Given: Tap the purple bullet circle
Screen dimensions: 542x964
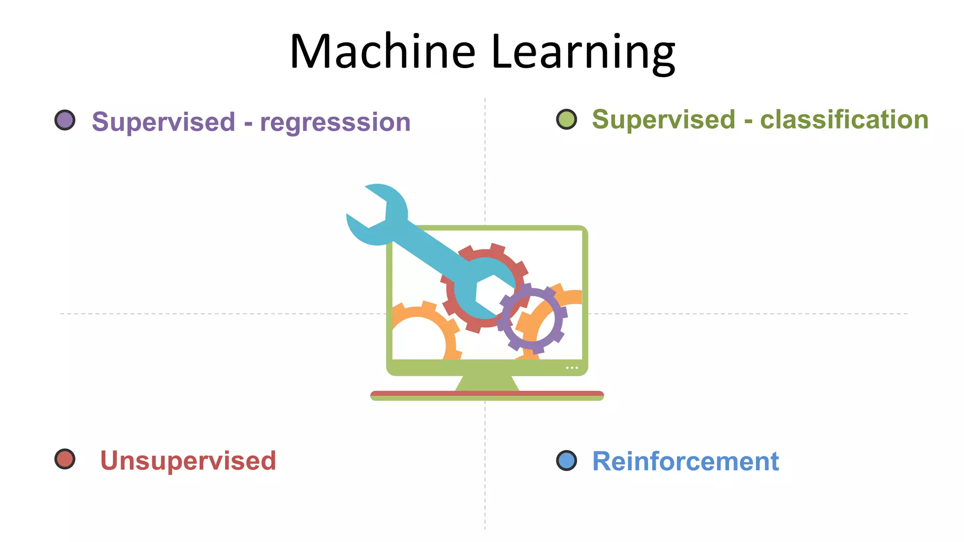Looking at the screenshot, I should pyautogui.click(x=65, y=120).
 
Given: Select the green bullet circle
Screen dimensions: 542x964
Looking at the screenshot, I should pyautogui.click(x=566, y=119).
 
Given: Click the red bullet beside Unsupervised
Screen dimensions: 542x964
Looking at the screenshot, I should pyautogui.click(x=65, y=459).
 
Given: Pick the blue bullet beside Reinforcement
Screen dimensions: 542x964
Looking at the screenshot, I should pyautogui.click(x=566, y=460).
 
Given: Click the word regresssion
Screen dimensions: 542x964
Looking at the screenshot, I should pyautogui.click(x=335, y=122).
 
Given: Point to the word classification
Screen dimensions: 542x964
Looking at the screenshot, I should pyautogui.click(x=844, y=120).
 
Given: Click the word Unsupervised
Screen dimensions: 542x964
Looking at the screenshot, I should pyautogui.click(x=188, y=460).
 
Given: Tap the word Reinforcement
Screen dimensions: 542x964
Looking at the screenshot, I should pyautogui.click(x=685, y=461).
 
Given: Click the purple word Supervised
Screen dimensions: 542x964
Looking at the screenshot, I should pyautogui.click(x=163, y=121).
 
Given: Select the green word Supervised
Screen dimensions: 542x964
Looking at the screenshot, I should pyautogui.click(x=664, y=120).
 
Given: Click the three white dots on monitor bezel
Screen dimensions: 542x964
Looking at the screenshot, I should pyautogui.click(x=572, y=367).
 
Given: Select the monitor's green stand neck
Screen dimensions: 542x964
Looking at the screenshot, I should pyautogui.click(x=487, y=383).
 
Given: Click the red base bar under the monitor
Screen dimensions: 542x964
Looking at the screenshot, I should pyautogui.click(x=487, y=393).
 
